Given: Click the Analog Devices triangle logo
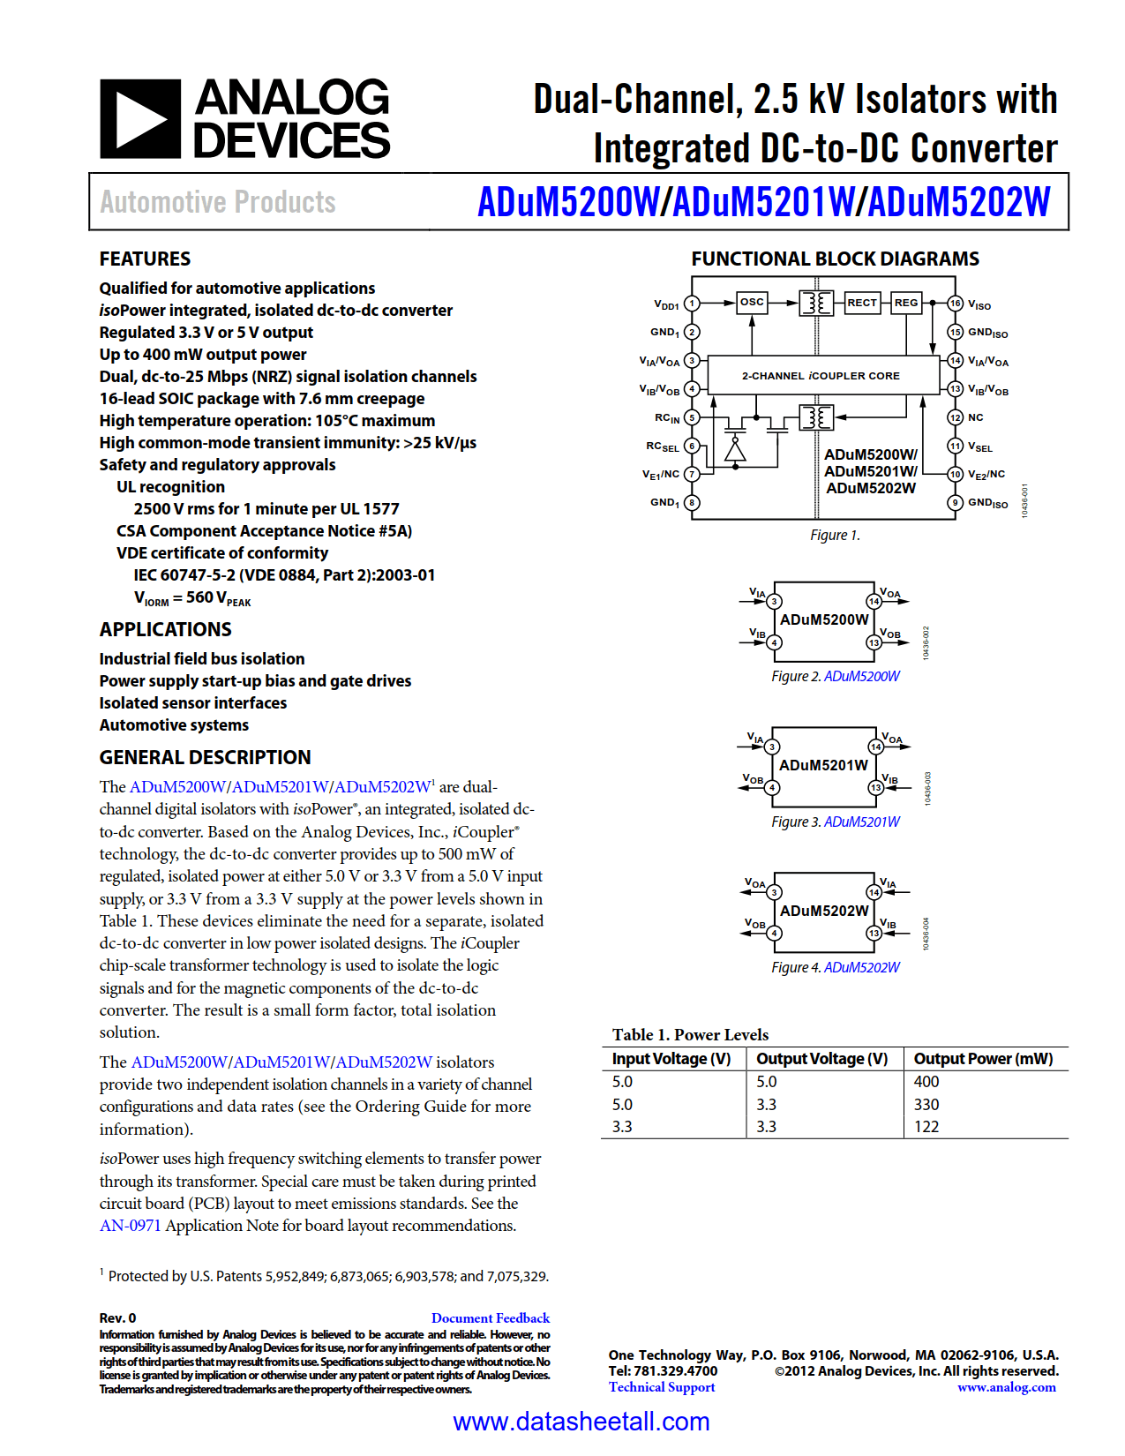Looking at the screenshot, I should (x=139, y=119).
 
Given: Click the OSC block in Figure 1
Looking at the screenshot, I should (x=752, y=302).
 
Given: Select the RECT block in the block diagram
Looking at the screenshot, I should (x=862, y=303).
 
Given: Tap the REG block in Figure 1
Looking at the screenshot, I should (x=906, y=303).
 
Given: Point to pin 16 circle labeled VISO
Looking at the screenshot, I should (x=955, y=304).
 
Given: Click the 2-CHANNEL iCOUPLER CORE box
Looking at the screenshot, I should (x=821, y=375).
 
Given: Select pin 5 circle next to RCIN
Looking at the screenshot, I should (x=692, y=417).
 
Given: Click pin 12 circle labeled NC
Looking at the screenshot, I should (x=955, y=417).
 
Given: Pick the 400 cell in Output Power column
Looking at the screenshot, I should (x=926, y=1082).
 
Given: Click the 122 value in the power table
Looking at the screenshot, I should (x=926, y=1127).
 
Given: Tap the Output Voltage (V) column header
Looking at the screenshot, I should (x=821, y=1059).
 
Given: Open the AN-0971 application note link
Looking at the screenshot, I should (x=130, y=1226).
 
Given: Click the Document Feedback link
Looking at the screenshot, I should (x=490, y=1318).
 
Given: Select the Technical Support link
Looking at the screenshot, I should (x=662, y=1387).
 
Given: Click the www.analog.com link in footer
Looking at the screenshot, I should (x=1006, y=1387).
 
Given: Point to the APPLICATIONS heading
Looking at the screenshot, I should (x=165, y=629).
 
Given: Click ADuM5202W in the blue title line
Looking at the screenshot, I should (x=959, y=202).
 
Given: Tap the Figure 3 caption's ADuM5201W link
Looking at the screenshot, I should (x=861, y=822).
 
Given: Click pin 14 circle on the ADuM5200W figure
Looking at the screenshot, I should (x=874, y=602).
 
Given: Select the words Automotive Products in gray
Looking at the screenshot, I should (x=217, y=202).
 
